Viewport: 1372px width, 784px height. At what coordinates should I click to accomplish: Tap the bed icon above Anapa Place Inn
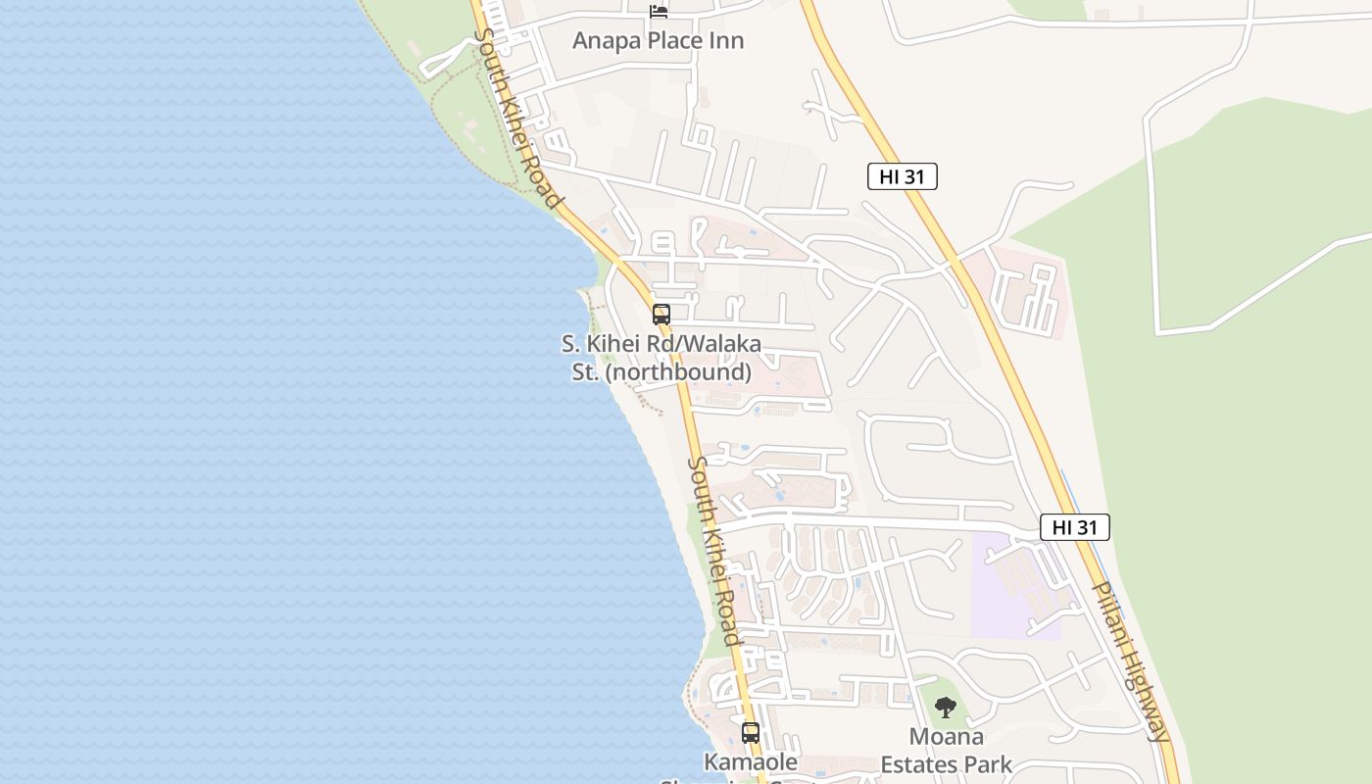pos(659,11)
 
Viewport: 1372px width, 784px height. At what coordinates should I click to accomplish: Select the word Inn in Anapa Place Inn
pos(726,41)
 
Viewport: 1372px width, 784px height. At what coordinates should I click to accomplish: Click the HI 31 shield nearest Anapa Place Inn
pos(902,176)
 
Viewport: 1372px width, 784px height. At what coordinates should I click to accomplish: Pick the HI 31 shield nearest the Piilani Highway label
pos(1074,527)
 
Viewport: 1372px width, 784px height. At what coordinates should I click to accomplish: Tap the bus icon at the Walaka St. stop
pos(661,315)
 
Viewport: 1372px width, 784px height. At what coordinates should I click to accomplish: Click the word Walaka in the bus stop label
pos(718,345)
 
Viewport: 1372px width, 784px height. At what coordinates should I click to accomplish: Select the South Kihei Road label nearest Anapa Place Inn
pos(518,118)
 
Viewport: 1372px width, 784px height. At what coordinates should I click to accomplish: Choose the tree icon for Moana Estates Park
pos(945,707)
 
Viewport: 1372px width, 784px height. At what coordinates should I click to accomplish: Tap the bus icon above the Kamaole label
pos(751,732)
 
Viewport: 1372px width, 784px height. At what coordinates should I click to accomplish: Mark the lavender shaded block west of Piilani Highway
pos(1009,588)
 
